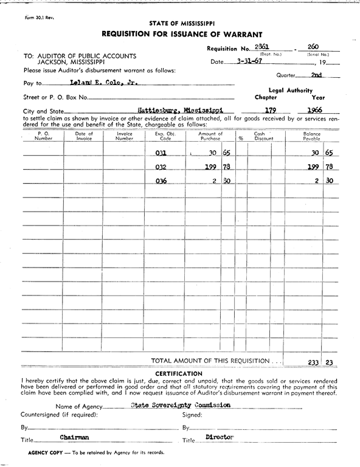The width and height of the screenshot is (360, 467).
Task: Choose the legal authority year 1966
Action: pyautogui.click(x=314, y=111)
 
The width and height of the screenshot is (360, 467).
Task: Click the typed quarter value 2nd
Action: pyautogui.click(x=316, y=75)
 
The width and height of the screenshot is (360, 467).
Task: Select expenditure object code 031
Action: pyautogui.click(x=161, y=153)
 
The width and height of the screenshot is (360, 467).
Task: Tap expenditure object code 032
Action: pyautogui.click(x=161, y=167)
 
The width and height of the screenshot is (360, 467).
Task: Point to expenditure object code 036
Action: pyautogui.click(x=161, y=181)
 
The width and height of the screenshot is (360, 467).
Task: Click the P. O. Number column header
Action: pyautogui.click(x=43, y=136)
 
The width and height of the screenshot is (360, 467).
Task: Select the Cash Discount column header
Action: pyautogui.click(x=263, y=136)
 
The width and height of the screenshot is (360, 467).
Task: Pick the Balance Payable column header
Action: pyautogui.click(x=311, y=136)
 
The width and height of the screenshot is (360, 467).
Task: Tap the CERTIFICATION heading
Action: pyautogui.click(x=179, y=373)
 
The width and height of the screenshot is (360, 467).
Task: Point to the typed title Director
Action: pyautogui.click(x=220, y=437)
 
